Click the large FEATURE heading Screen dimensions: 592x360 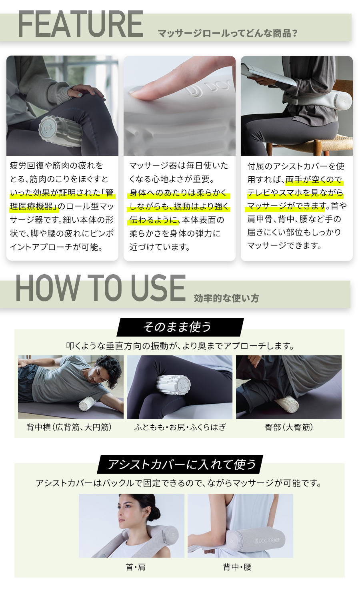[80, 25]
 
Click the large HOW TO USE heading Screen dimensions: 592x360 [100, 288]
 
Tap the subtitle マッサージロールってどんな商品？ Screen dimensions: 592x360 [228, 33]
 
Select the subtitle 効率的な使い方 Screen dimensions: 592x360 [226, 298]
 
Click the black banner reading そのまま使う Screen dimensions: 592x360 [180, 327]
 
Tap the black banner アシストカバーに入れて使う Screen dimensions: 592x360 [180, 464]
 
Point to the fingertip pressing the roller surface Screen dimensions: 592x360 [140, 90]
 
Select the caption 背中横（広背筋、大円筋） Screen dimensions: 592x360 [69, 427]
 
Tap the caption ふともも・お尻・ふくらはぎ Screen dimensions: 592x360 [180, 427]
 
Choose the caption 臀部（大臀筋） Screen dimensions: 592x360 [289, 427]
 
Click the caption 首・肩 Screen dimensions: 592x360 [136, 567]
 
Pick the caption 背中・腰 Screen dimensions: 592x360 [237, 567]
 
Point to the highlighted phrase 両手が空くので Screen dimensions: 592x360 [314, 179]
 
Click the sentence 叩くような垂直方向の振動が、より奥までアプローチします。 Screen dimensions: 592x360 [180, 346]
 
